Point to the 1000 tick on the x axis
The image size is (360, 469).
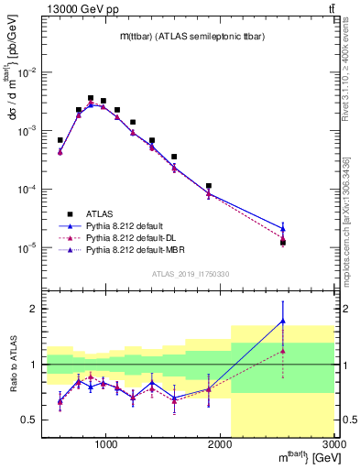(106, 444)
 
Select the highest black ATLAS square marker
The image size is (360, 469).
(91, 98)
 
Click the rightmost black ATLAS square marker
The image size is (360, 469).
(283, 243)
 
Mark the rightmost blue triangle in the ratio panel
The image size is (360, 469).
(283, 321)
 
